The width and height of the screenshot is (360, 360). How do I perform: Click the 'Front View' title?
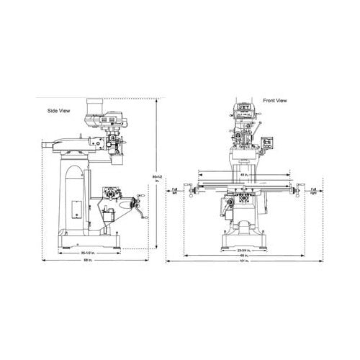tap(276, 101)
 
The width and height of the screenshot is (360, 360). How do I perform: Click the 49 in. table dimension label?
tap(244, 175)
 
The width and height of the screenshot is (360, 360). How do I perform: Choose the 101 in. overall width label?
tap(245, 262)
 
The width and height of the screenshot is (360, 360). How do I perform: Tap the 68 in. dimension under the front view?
tap(245, 256)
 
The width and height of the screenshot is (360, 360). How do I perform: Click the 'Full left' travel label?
tap(174, 190)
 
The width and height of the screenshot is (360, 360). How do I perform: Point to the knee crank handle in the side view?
tap(140, 209)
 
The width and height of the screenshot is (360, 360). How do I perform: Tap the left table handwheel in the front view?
tap(189, 189)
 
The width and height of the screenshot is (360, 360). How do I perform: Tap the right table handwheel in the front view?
tap(296, 189)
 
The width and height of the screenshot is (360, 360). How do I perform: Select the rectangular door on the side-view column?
tap(76, 207)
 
